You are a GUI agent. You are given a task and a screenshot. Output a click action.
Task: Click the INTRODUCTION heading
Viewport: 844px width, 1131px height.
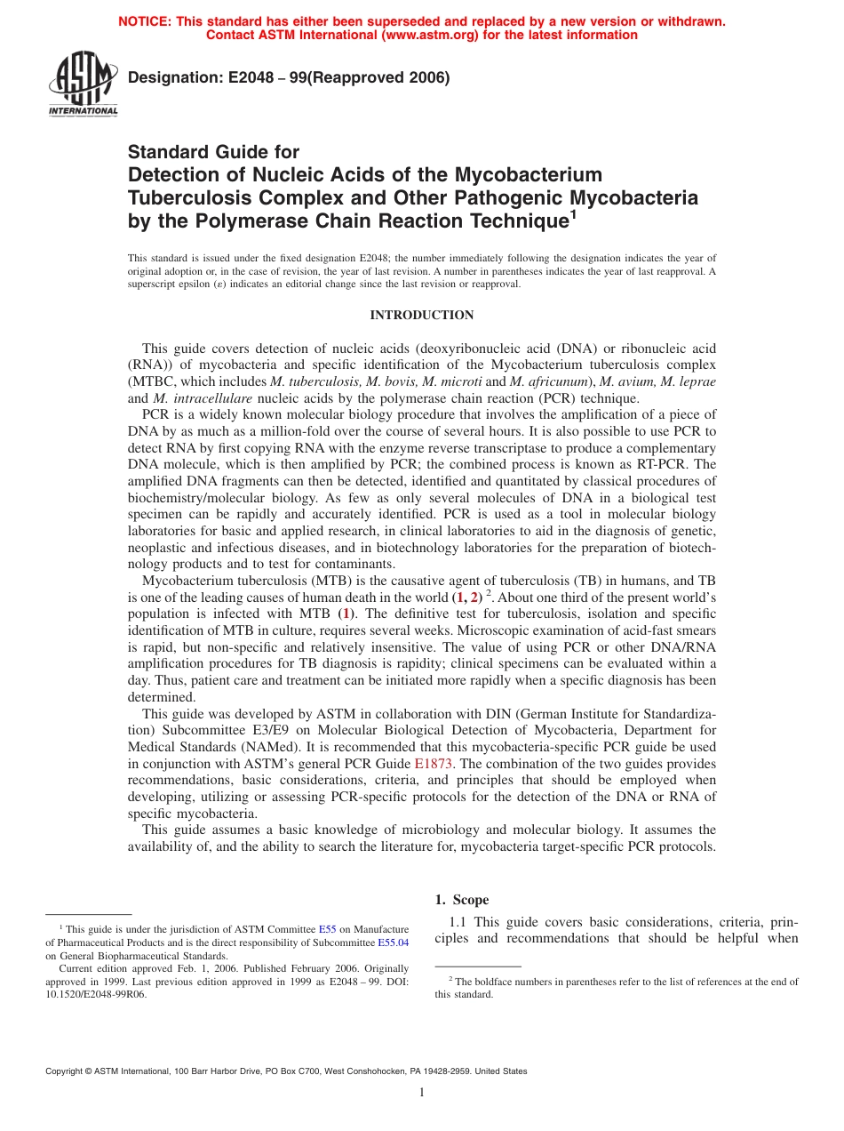pyautogui.click(x=421, y=316)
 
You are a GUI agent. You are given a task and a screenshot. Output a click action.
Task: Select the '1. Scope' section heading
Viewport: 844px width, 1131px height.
pyautogui.click(x=461, y=900)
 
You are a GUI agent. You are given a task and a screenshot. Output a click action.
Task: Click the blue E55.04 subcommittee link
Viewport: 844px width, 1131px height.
pyautogui.click(x=393, y=942)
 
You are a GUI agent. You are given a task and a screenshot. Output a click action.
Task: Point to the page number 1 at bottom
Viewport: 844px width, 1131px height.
pyautogui.click(x=422, y=1093)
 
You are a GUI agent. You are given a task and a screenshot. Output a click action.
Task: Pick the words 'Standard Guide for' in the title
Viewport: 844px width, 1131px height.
pyautogui.click(x=214, y=152)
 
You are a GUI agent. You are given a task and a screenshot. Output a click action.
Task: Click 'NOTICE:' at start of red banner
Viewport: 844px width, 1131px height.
pyautogui.click(x=147, y=21)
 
